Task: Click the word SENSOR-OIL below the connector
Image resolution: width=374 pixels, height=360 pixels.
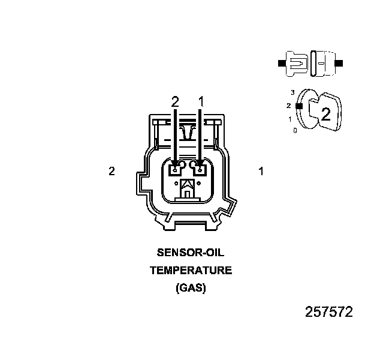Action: [190, 253]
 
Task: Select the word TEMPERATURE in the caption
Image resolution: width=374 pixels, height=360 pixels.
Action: [190, 271]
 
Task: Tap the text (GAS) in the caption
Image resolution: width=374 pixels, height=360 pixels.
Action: [191, 288]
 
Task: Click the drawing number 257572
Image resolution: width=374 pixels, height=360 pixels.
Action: [328, 312]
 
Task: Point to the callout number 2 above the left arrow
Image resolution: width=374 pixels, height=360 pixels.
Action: [175, 102]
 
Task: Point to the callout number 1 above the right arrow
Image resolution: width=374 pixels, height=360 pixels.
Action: [201, 102]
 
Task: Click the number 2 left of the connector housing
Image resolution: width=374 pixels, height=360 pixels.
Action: [111, 171]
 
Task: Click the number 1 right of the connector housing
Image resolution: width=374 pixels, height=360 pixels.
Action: [261, 171]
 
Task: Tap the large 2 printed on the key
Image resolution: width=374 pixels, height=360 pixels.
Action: [326, 114]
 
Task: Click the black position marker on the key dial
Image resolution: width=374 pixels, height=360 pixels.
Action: [297, 106]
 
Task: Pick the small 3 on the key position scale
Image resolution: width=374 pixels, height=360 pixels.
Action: [292, 92]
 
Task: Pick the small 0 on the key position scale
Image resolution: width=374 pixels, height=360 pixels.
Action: [294, 130]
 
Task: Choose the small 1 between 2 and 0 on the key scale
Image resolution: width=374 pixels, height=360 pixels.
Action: [290, 119]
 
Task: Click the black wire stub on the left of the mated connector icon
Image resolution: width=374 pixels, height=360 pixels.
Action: [282, 62]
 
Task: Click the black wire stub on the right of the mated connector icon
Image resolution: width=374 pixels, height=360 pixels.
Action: [339, 62]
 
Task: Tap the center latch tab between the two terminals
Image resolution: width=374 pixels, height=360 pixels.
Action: [188, 189]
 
